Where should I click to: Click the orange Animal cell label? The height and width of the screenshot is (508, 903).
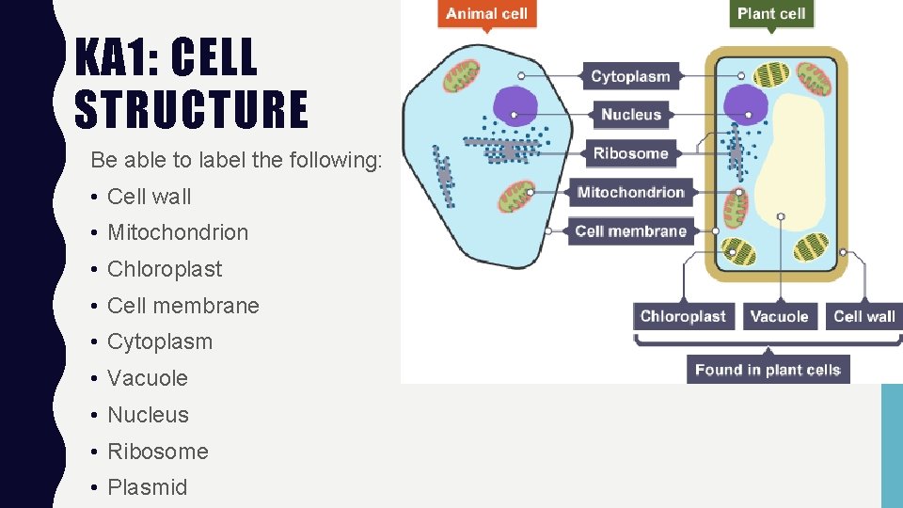[486, 14]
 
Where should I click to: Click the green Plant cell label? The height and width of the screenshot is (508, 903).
[771, 14]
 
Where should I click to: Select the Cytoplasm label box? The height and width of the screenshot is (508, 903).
[630, 76]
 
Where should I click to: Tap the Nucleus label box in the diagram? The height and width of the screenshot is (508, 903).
[630, 115]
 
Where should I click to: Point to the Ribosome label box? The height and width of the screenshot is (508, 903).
[630, 153]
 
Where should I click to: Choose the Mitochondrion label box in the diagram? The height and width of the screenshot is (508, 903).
[630, 193]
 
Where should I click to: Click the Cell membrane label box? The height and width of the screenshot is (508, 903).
[630, 231]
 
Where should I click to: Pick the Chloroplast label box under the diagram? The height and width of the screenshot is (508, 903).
[683, 316]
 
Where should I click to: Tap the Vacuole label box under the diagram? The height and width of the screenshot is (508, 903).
[779, 316]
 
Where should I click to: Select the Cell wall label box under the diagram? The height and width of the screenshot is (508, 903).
[863, 316]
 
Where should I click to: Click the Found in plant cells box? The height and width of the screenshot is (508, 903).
[768, 369]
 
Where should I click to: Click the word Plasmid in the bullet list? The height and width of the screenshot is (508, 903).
[148, 487]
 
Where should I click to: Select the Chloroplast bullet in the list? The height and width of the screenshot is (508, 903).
[165, 269]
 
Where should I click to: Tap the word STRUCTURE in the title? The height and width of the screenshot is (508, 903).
[191, 108]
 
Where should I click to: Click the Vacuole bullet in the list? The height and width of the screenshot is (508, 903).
[148, 378]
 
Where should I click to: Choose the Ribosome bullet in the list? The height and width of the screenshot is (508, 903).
[158, 452]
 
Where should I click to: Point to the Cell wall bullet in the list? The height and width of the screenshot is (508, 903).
[150, 197]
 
